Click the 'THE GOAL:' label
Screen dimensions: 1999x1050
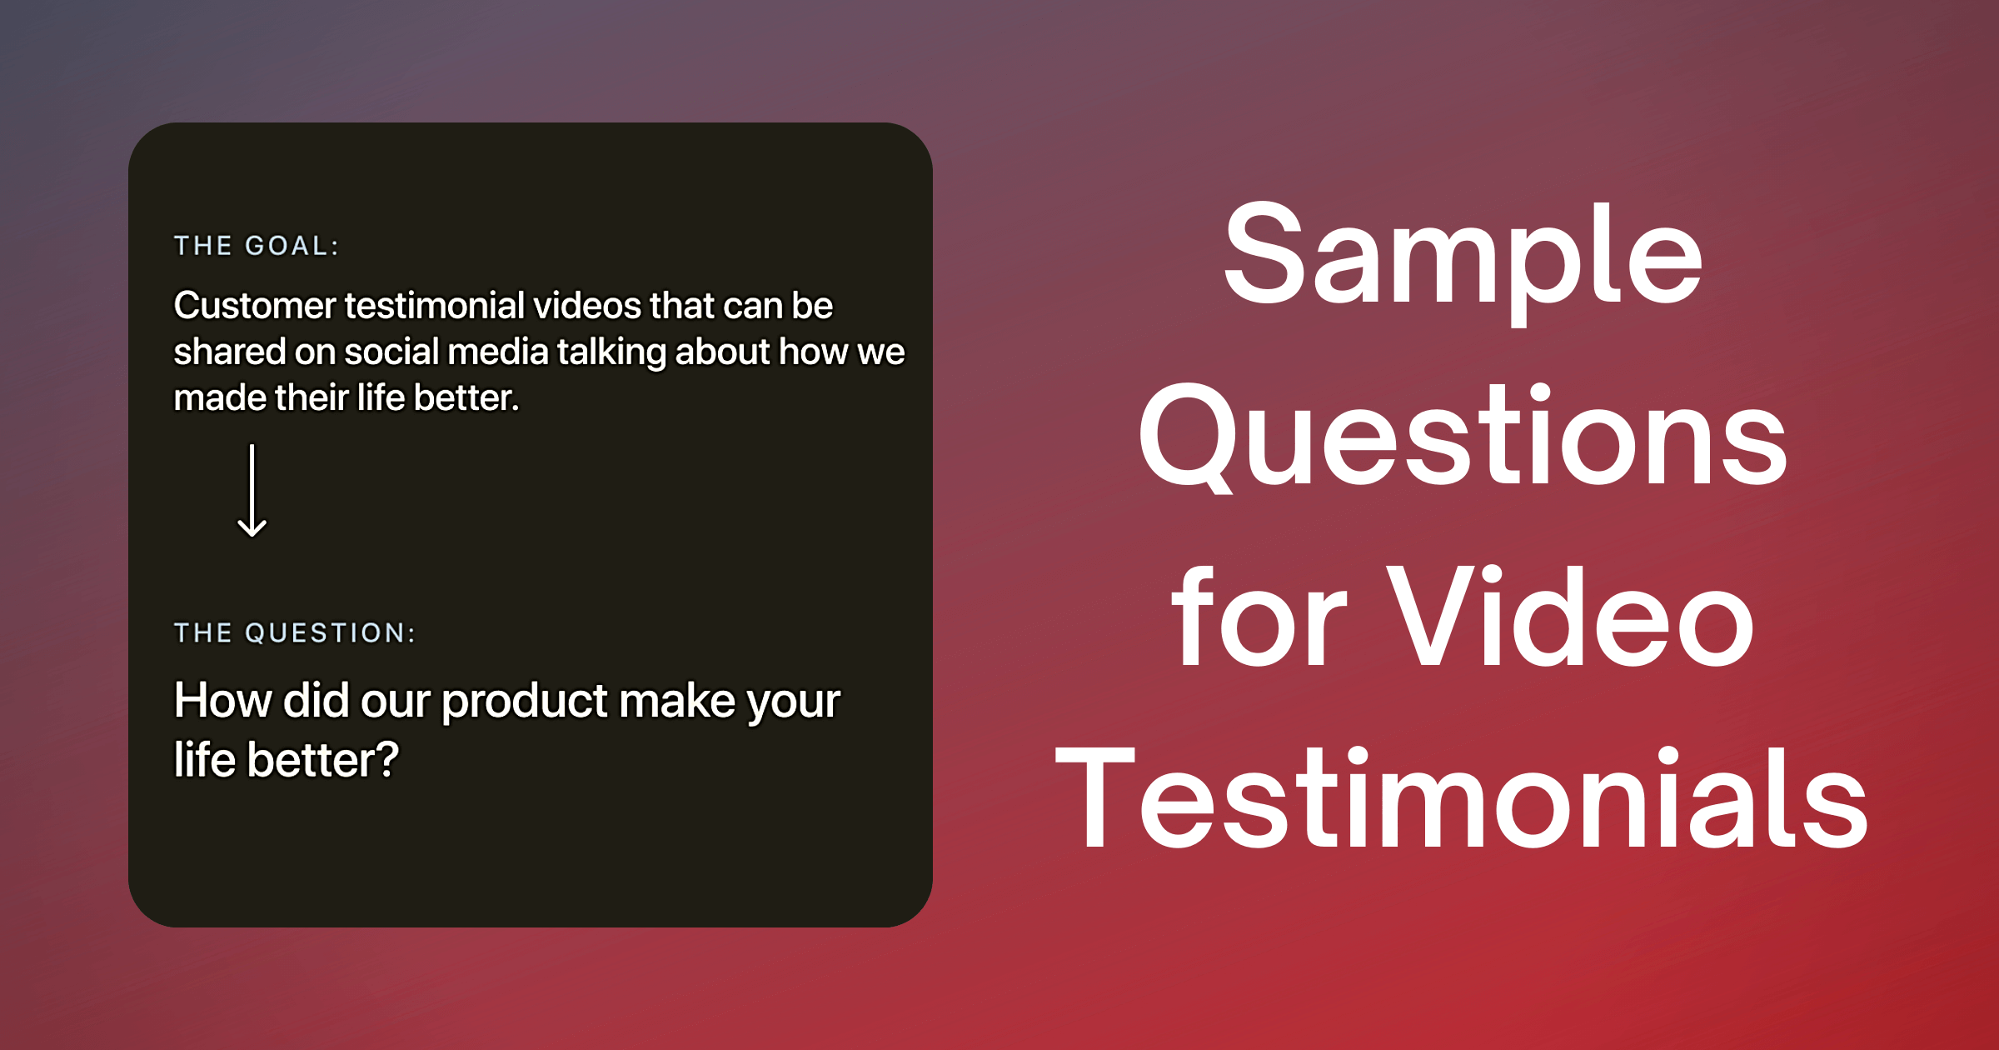(256, 246)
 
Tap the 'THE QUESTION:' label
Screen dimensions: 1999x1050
(294, 632)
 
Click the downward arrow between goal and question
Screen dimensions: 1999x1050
(252, 491)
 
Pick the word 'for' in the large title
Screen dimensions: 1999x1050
(1259, 616)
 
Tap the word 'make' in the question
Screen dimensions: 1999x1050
(677, 699)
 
